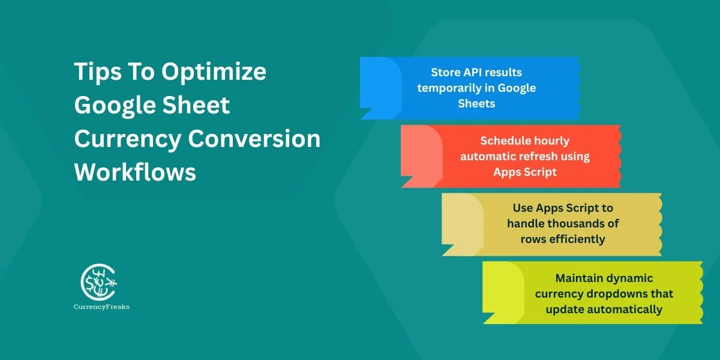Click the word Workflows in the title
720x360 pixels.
point(135,173)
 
